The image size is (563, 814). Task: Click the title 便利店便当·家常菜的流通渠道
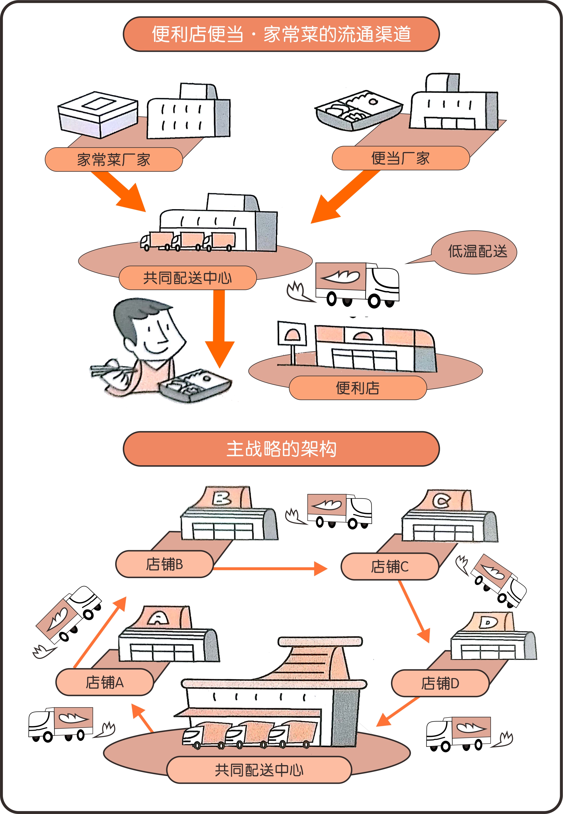(281, 34)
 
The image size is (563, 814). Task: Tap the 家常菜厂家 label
(113, 160)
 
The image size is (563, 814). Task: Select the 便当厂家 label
(401, 158)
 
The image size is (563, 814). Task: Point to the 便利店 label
(358, 388)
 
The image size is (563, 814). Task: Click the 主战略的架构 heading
(281, 449)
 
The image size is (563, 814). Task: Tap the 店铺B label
(165, 564)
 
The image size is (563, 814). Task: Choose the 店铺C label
(390, 566)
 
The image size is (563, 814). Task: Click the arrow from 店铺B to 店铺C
(270, 569)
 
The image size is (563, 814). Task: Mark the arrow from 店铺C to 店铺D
(415, 611)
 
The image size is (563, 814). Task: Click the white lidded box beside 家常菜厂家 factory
(98, 115)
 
